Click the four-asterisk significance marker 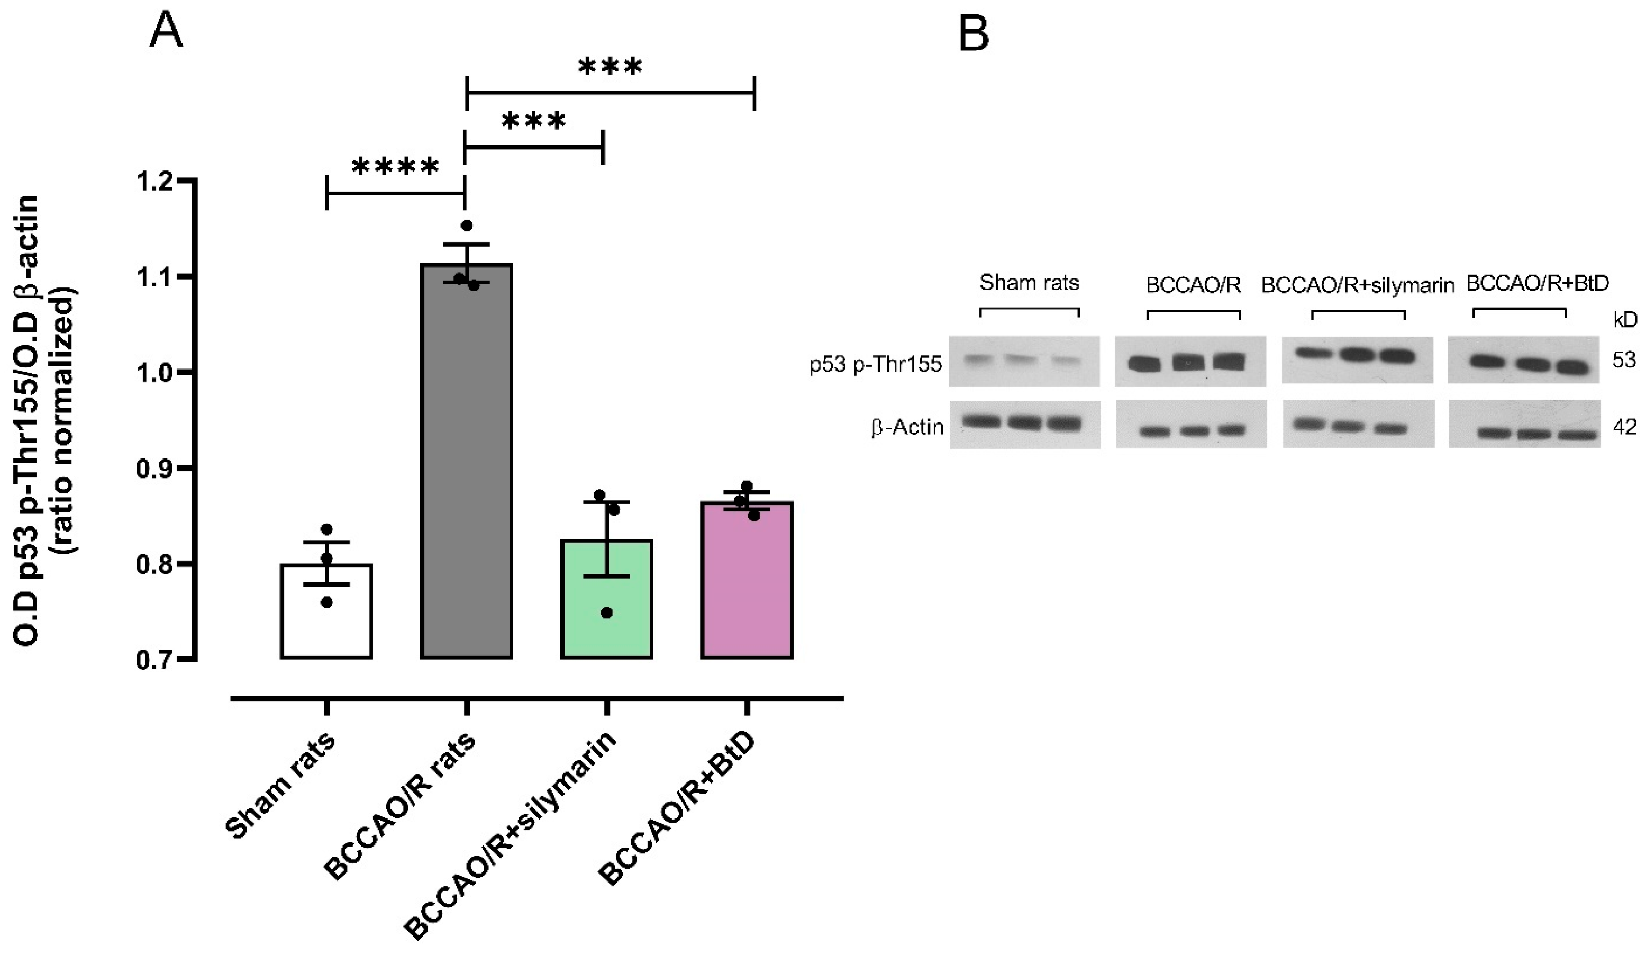coord(395,168)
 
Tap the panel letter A coord(166,31)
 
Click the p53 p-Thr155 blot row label coord(875,364)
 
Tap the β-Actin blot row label coord(907,427)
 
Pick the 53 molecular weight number coord(1624,360)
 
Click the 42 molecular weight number coord(1624,427)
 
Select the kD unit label coord(1625,320)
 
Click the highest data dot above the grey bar coord(466,226)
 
